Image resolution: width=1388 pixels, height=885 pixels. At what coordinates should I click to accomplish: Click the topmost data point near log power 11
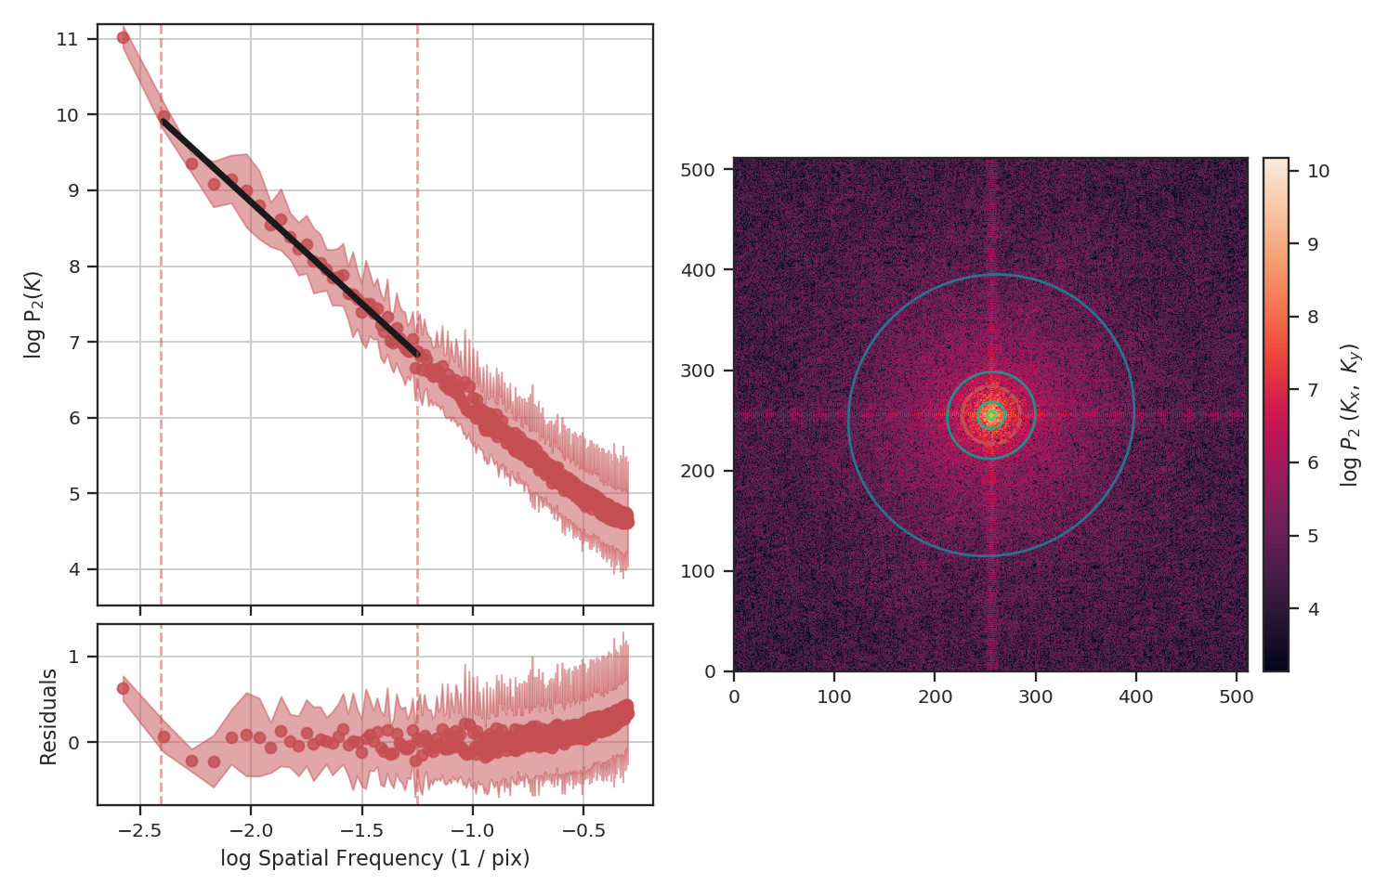pos(123,37)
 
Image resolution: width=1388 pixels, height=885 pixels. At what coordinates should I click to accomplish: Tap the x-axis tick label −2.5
pos(139,829)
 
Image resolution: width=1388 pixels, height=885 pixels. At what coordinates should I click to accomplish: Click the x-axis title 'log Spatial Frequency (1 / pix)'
pos(374,859)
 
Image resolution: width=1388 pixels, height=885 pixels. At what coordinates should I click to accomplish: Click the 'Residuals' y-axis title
pos(49,716)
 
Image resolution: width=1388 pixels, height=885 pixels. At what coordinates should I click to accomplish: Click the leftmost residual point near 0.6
pos(123,688)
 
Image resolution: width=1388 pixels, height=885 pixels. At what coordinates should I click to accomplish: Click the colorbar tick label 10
pos(1317,171)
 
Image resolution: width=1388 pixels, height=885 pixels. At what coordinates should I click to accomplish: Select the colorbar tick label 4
pos(1313,609)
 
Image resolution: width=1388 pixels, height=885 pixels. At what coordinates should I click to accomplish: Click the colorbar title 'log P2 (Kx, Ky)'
pos(1351,415)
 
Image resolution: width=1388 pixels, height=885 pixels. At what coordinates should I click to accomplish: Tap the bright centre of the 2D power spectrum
pos(991,415)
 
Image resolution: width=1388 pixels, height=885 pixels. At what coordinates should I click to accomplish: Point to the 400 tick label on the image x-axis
pos(1136,697)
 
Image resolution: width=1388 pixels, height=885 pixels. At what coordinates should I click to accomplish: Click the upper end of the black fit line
pos(164,121)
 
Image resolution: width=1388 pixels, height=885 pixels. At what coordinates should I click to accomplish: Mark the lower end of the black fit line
pos(417,354)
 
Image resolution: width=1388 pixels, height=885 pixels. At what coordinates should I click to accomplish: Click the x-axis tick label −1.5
pos(361,829)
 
